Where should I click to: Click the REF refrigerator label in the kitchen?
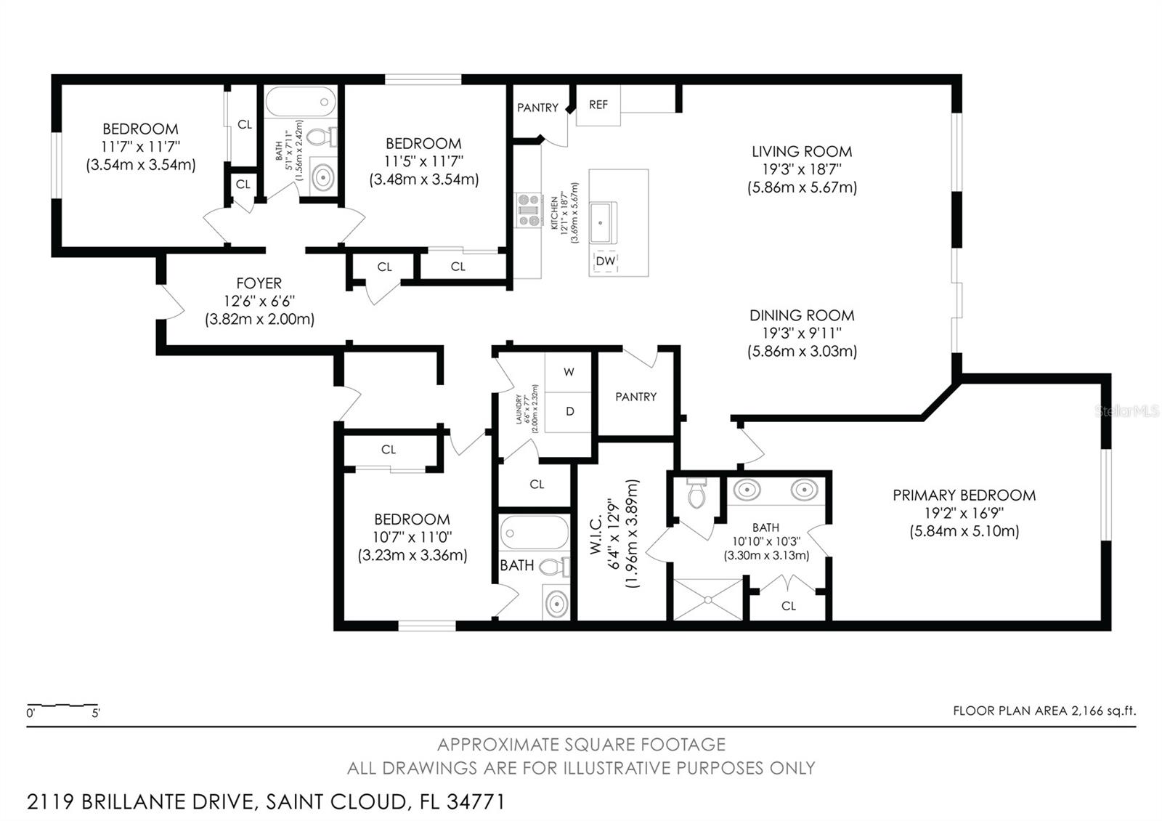(x=598, y=105)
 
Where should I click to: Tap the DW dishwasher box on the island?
(x=606, y=261)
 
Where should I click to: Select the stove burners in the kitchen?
(x=529, y=210)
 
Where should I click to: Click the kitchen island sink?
(x=602, y=222)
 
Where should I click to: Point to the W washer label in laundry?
(x=569, y=372)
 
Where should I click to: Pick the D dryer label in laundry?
(x=569, y=411)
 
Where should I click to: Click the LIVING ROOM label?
(x=802, y=152)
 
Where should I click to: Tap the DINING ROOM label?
(x=802, y=315)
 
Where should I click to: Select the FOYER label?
(x=259, y=283)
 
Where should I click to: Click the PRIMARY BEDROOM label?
(x=964, y=496)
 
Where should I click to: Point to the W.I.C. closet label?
(x=596, y=534)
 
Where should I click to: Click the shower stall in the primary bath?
(x=708, y=599)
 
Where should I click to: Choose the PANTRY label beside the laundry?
(x=636, y=397)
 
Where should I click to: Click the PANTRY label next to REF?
(x=538, y=108)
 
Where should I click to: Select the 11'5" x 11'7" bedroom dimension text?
(x=424, y=161)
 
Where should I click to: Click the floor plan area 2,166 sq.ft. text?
(x=1044, y=711)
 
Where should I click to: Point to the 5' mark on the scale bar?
(x=96, y=713)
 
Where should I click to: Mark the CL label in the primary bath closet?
(x=789, y=606)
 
